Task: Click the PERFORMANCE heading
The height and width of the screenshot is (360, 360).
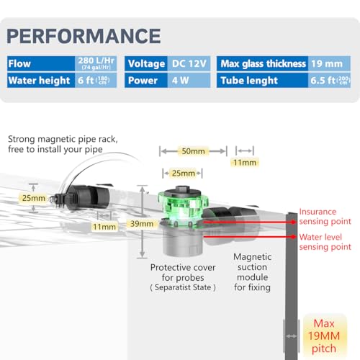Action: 84,36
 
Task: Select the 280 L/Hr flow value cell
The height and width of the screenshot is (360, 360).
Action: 96,63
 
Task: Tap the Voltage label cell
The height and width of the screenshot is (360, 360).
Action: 146,63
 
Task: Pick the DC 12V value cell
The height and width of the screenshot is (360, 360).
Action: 189,63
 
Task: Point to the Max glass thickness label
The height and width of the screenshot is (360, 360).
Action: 264,63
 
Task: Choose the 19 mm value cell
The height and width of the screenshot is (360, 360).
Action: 329,63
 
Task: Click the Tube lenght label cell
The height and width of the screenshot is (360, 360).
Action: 262,81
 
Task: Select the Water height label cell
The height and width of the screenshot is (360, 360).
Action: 41,81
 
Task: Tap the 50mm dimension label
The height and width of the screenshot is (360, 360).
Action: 193,151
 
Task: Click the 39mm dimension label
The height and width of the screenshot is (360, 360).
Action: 142,224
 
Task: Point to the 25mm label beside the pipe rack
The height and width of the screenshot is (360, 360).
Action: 34,198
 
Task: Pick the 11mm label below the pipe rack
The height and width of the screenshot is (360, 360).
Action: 104,227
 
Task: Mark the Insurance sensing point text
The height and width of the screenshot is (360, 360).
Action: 325,217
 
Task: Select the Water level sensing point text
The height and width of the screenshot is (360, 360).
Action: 325,242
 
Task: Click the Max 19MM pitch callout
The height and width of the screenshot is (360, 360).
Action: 324,336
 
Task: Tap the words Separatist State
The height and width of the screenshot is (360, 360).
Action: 183,287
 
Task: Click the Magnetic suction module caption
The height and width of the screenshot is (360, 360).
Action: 253,272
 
